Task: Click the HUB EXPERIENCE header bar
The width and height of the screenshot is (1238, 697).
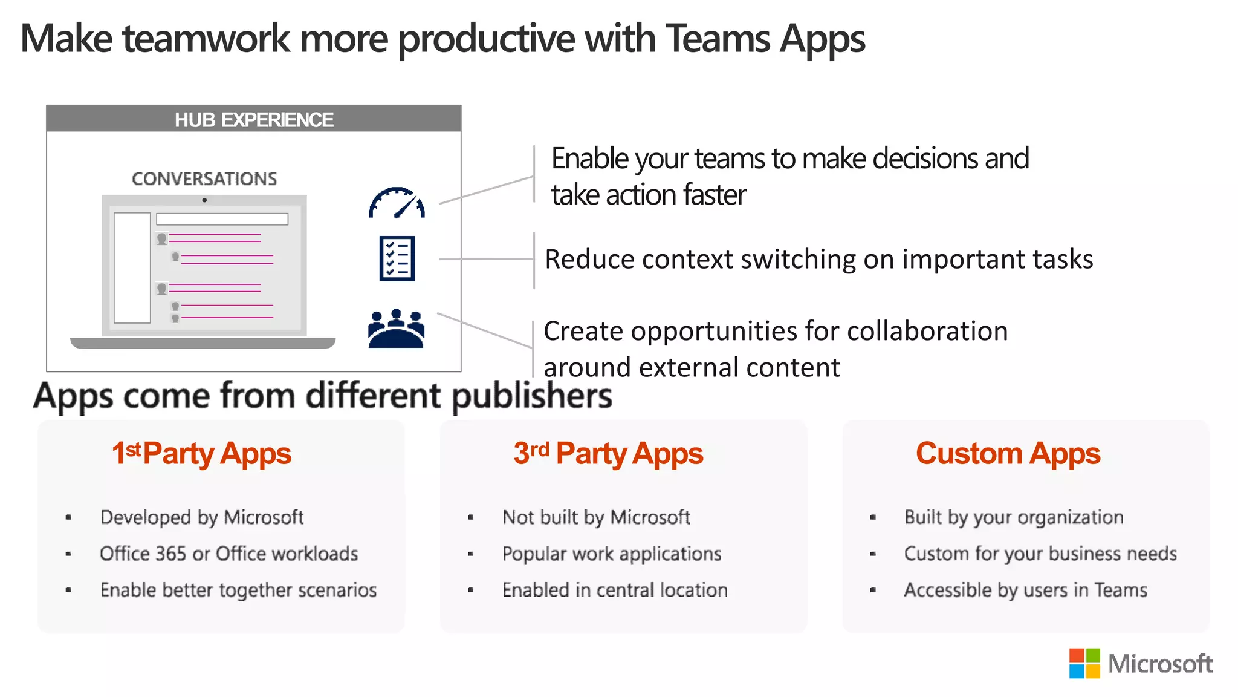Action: pyautogui.click(x=254, y=119)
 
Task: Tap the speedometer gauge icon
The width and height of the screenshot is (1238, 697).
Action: pyautogui.click(x=397, y=203)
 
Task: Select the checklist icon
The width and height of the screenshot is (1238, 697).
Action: pyautogui.click(x=397, y=258)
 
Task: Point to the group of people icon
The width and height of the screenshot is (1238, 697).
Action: pyautogui.click(x=397, y=329)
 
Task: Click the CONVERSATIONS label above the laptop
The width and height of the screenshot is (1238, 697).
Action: pyautogui.click(x=204, y=178)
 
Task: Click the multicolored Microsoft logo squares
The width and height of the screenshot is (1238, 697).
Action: pyautogui.click(x=1084, y=664)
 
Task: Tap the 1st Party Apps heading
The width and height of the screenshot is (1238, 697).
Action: pyautogui.click(x=202, y=454)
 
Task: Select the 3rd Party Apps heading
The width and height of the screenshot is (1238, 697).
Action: pyautogui.click(x=608, y=454)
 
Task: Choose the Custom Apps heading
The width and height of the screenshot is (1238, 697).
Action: pyautogui.click(x=1008, y=454)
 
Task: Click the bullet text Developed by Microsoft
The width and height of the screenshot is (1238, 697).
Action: pyautogui.click(x=202, y=517)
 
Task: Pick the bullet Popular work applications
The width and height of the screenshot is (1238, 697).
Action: pyautogui.click(x=612, y=554)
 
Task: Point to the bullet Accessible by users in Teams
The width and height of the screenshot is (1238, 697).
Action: pyautogui.click(x=1025, y=590)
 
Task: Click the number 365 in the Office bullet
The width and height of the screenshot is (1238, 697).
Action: pyautogui.click(x=170, y=554)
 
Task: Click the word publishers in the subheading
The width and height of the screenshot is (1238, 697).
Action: pyautogui.click(x=532, y=396)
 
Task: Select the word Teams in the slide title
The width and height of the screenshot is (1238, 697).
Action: pyautogui.click(x=718, y=39)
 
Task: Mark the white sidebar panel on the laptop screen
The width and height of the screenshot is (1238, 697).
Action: pyautogui.click(x=132, y=267)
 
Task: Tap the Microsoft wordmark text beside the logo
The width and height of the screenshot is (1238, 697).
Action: pyautogui.click(x=1160, y=664)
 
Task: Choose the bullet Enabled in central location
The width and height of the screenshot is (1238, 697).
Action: pyautogui.click(x=615, y=590)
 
